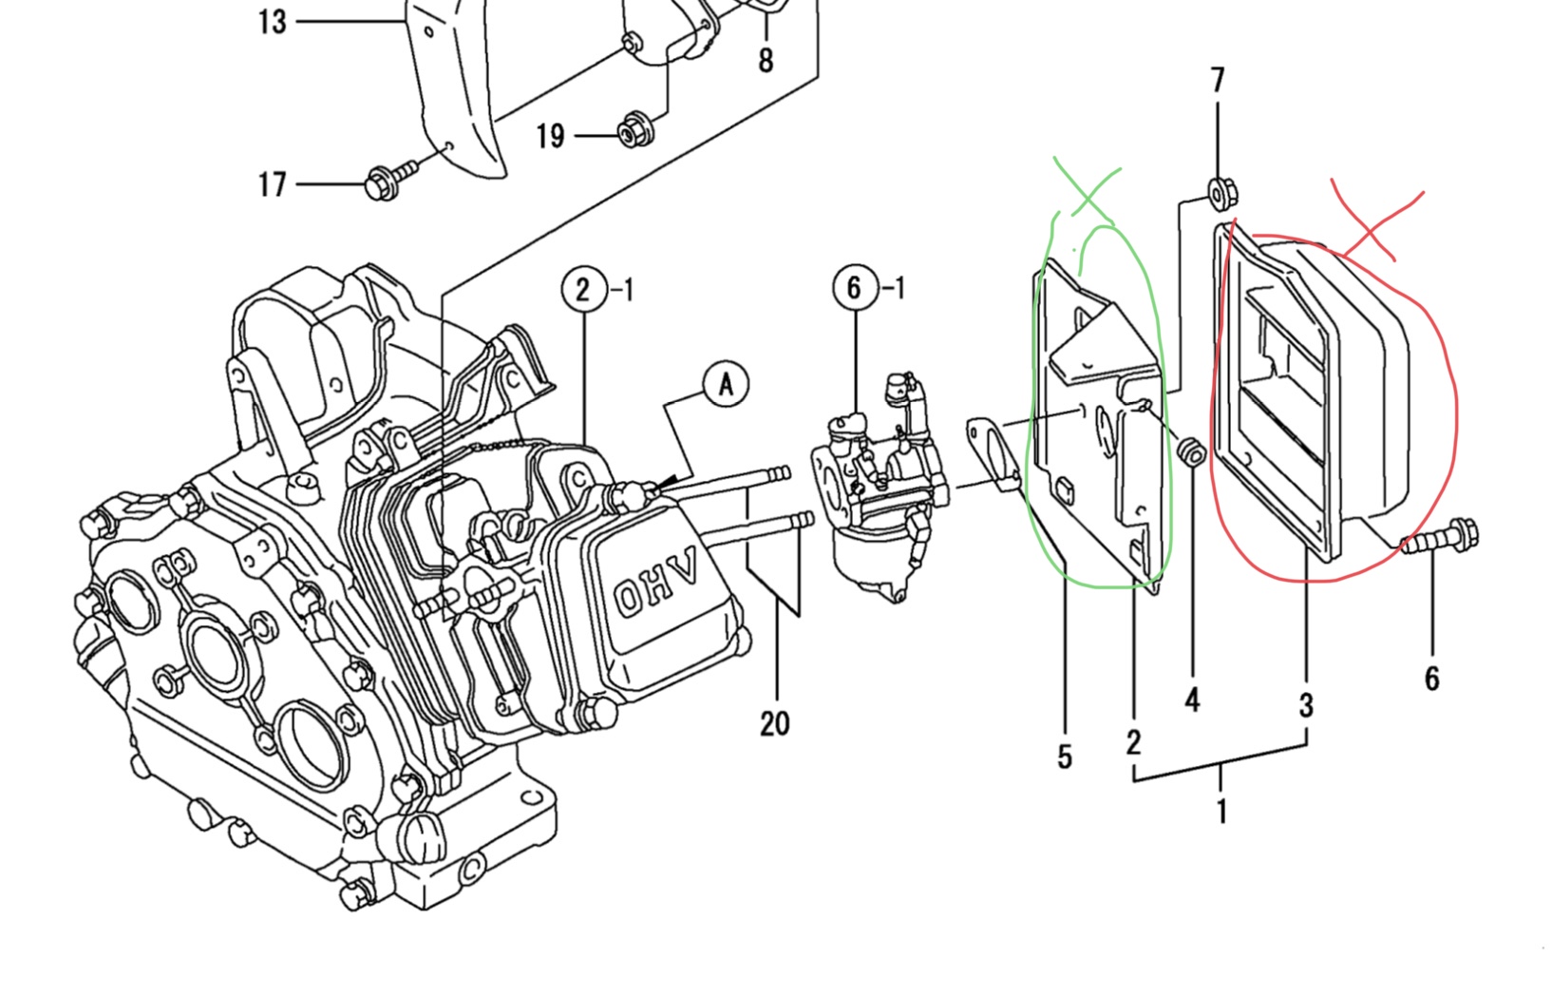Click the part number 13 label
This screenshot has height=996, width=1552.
coord(272,21)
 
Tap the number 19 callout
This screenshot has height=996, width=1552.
coord(550,136)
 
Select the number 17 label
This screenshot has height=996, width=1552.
coord(273,183)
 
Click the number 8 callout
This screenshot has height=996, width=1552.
coord(766,60)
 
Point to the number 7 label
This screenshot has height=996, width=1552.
coord(1219,80)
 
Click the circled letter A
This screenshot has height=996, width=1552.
coord(726,384)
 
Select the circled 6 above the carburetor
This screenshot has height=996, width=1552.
coord(855,286)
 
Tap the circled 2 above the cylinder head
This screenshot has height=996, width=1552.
coord(584,288)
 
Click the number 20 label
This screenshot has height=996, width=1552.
coord(775,723)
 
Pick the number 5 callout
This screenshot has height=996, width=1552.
coord(1064,757)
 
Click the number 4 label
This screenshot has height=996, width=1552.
coord(1193,700)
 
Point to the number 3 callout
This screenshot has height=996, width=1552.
coord(1306,705)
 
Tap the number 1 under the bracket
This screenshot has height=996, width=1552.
coord(1221,811)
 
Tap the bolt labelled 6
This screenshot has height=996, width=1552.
coord(1440,539)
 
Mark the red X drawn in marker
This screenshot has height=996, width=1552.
coord(1377,223)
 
